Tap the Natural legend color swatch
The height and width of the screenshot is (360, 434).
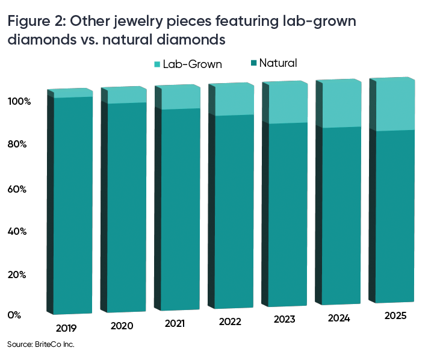point(253,63)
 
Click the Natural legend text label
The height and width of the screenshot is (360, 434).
point(279,63)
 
